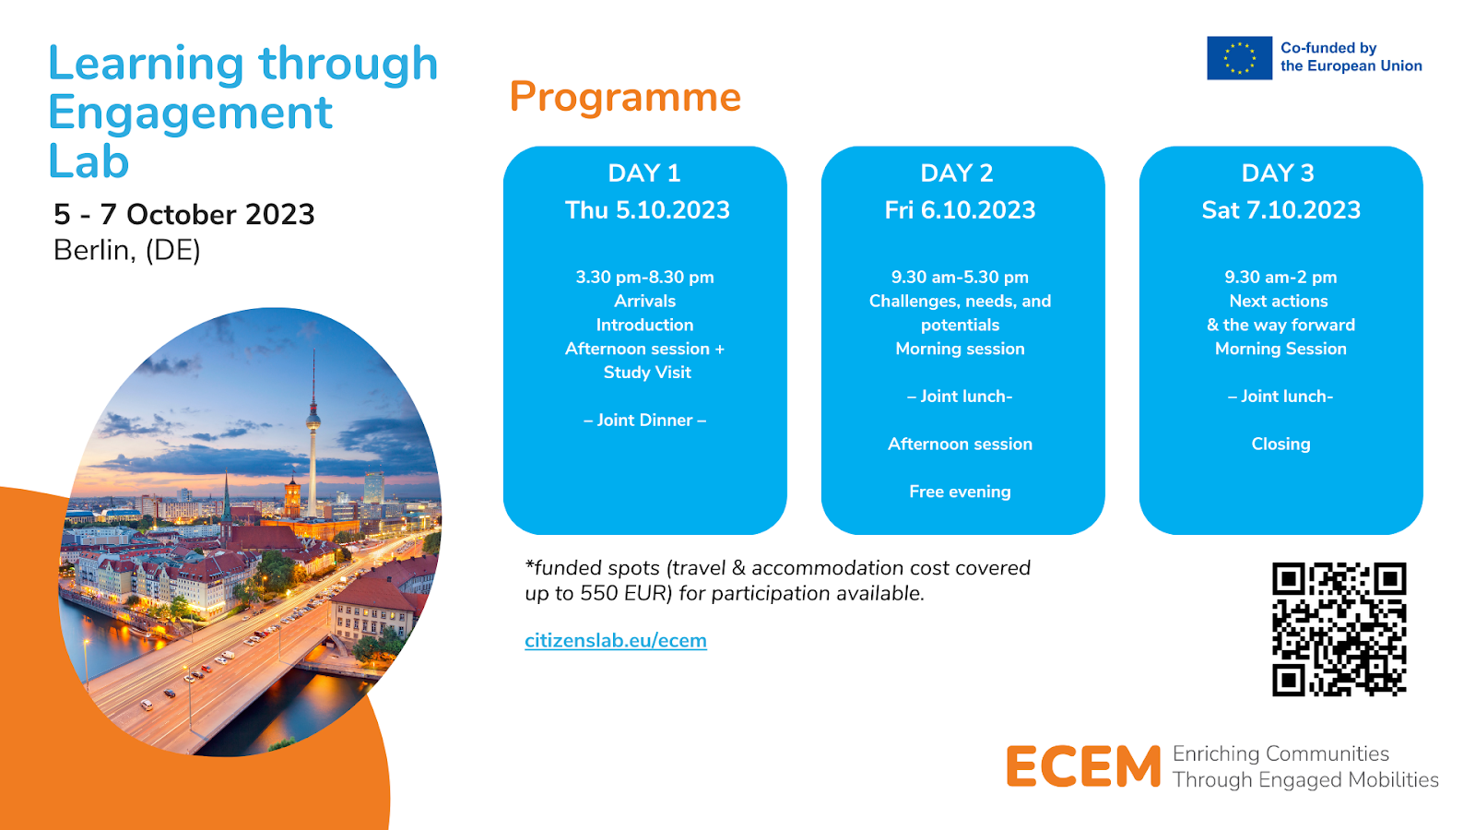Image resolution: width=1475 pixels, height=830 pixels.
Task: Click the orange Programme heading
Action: pyautogui.click(x=625, y=98)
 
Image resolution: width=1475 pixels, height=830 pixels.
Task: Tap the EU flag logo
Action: pyautogui.click(x=1239, y=58)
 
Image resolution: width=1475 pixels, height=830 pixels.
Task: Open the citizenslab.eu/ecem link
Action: pyautogui.click(x=616, y=640)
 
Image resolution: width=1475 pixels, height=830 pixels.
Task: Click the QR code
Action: pyautogui.click(x=1339, y=629)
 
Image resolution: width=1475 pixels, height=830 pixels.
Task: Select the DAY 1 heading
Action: pyautogui.click(x=644, y=173)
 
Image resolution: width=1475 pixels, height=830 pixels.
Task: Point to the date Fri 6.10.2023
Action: pyautogui.click(x=960, y=210)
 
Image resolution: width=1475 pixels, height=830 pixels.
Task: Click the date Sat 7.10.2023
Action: pyautogui.click(x=1280, y=210)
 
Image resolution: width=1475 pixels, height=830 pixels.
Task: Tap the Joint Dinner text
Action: pyautogui.click(x=644, y=421)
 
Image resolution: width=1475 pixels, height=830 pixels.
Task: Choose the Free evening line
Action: pyautogui.click(x=960, y=492)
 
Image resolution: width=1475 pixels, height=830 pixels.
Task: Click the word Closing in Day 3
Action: pyautogui.click(x=1280, y=444)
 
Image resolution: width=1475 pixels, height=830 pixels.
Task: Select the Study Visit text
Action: pyautogui.click(x=647, y=373)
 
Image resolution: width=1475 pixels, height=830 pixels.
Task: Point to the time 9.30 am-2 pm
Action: pyautogui.click(x=1280, y=278)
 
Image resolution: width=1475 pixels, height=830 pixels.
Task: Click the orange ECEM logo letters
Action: pyautogui.click(x=1083, y=766)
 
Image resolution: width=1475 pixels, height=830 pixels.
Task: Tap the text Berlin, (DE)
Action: pyautogui.click(x=127, y=250)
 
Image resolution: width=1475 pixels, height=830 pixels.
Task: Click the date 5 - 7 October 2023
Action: pyautogui.click(x=184, y=214)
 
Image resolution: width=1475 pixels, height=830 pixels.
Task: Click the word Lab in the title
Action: pyautogui.click(x=88, y=161)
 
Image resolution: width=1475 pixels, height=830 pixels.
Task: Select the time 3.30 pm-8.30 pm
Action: pyautogui.click(x=644, y=278)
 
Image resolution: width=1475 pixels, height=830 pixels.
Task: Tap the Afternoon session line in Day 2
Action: pyautogui.click(x=960, y=444)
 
